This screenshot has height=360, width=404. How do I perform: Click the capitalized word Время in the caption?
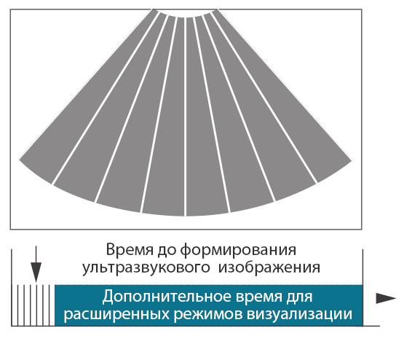pyautogui.click(x=129, y=250)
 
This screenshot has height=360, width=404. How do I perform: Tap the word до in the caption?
pyautogui.click(x=167, y=251)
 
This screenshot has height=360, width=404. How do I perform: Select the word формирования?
pyautogui.click(x=238, y=251)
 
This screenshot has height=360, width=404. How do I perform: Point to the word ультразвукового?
pyautogui.click(x=146, y=268)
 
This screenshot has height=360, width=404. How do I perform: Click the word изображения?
pyautogui.click(x=269, y=268)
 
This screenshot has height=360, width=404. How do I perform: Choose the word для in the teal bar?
pyautogui.click(x=300, y=297)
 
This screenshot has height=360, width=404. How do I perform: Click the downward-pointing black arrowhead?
pyautogui.click(x=36, y=272)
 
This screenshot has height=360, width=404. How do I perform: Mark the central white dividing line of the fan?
pyautogui.click(x=185, y=117)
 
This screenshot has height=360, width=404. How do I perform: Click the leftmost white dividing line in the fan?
pyautogui.click(x=105, y=98)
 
